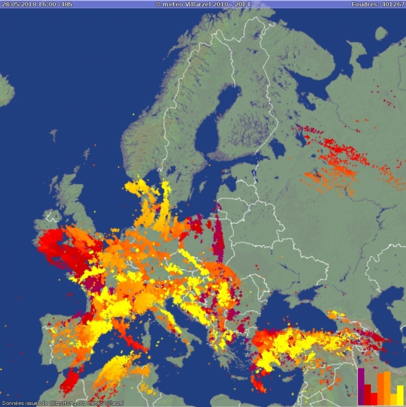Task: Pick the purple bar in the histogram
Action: coord(361,385)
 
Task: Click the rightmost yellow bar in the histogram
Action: coord(400,394)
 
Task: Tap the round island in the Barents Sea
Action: coord(381,32)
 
